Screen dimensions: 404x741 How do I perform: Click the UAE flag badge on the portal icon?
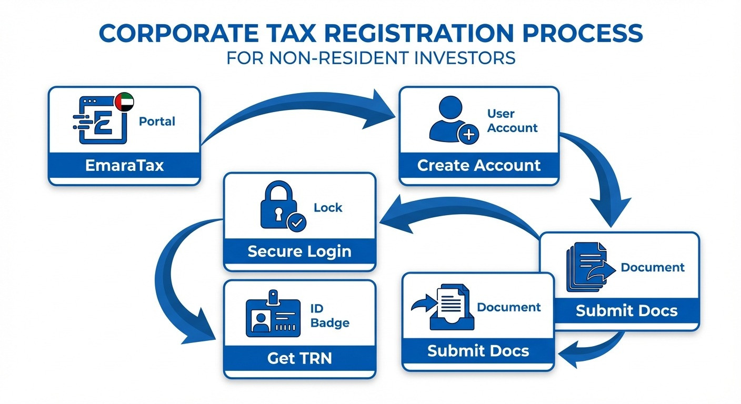(x=124, y=101)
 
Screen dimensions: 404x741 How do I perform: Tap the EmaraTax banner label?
(x=124, y=166)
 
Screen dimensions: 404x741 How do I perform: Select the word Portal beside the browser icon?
(x=157, y=122)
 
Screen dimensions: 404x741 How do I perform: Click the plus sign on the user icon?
(x=468, y=135)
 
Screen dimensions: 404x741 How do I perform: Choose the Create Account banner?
(x=479, y=165)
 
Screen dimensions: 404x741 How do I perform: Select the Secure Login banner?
(x=299, y=251)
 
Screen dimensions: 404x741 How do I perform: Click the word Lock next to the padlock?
(x=328, y=208)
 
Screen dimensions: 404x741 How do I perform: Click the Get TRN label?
(x=299, y=358)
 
